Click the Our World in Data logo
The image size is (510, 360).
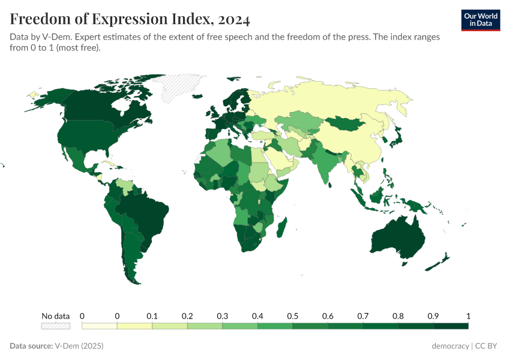pos(480,20)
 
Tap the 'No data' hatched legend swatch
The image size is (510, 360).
pos(55,326)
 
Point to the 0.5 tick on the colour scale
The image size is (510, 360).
pos(293,316)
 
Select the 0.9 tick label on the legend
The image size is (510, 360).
pos(433,316)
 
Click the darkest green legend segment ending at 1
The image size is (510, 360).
pos(451,326)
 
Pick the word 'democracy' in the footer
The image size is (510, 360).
pos(450,346)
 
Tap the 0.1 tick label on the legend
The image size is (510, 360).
pos(152,316)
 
